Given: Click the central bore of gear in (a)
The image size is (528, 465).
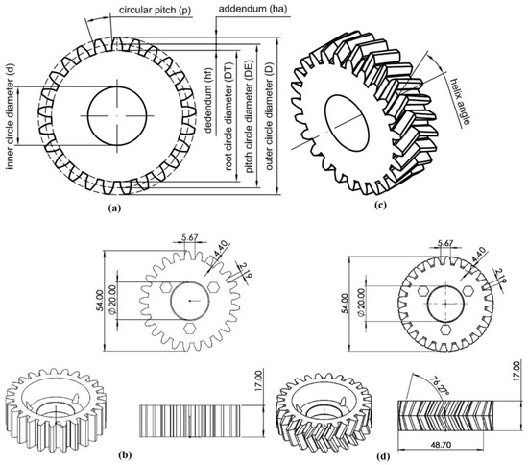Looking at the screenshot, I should [116, 113].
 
